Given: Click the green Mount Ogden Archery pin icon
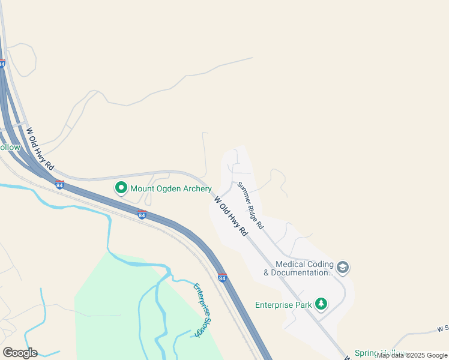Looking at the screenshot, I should [121, 188].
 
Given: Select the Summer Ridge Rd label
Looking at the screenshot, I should [250, 206].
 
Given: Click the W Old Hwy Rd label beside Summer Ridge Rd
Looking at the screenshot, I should [231, 217].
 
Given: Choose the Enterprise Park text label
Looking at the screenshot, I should [283, 305].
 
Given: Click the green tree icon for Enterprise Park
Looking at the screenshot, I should [322, 304].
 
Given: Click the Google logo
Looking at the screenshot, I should [20, 353].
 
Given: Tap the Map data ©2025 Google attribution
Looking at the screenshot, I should [412, 355].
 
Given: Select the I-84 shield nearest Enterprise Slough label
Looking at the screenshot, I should [222, 278].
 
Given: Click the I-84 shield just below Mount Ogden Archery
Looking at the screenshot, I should [141, 215].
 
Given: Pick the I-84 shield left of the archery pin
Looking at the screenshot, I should [59, 185].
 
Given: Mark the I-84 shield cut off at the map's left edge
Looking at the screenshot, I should [2, 63].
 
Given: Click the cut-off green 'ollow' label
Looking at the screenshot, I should [10, 147].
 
